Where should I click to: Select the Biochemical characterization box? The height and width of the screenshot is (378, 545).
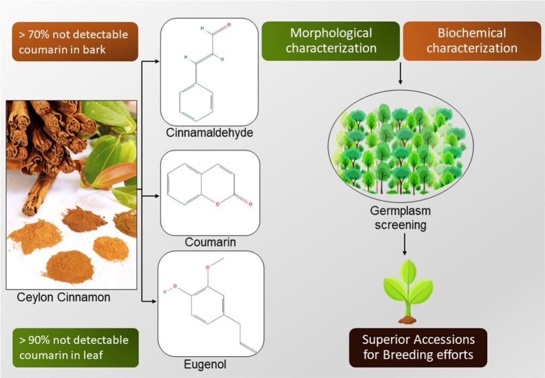click(472, 41)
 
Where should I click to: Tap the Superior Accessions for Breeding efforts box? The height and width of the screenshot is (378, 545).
click(418, 347)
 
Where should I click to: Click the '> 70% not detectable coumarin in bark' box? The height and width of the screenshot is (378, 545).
click(75, 42)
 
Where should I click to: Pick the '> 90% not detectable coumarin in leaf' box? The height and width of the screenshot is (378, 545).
click(75, 347)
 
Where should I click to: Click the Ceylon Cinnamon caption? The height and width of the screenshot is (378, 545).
click(63, 297)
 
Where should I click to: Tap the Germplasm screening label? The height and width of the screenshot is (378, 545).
click(399, 218)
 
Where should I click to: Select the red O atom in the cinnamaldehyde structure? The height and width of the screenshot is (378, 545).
click(228, 25)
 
